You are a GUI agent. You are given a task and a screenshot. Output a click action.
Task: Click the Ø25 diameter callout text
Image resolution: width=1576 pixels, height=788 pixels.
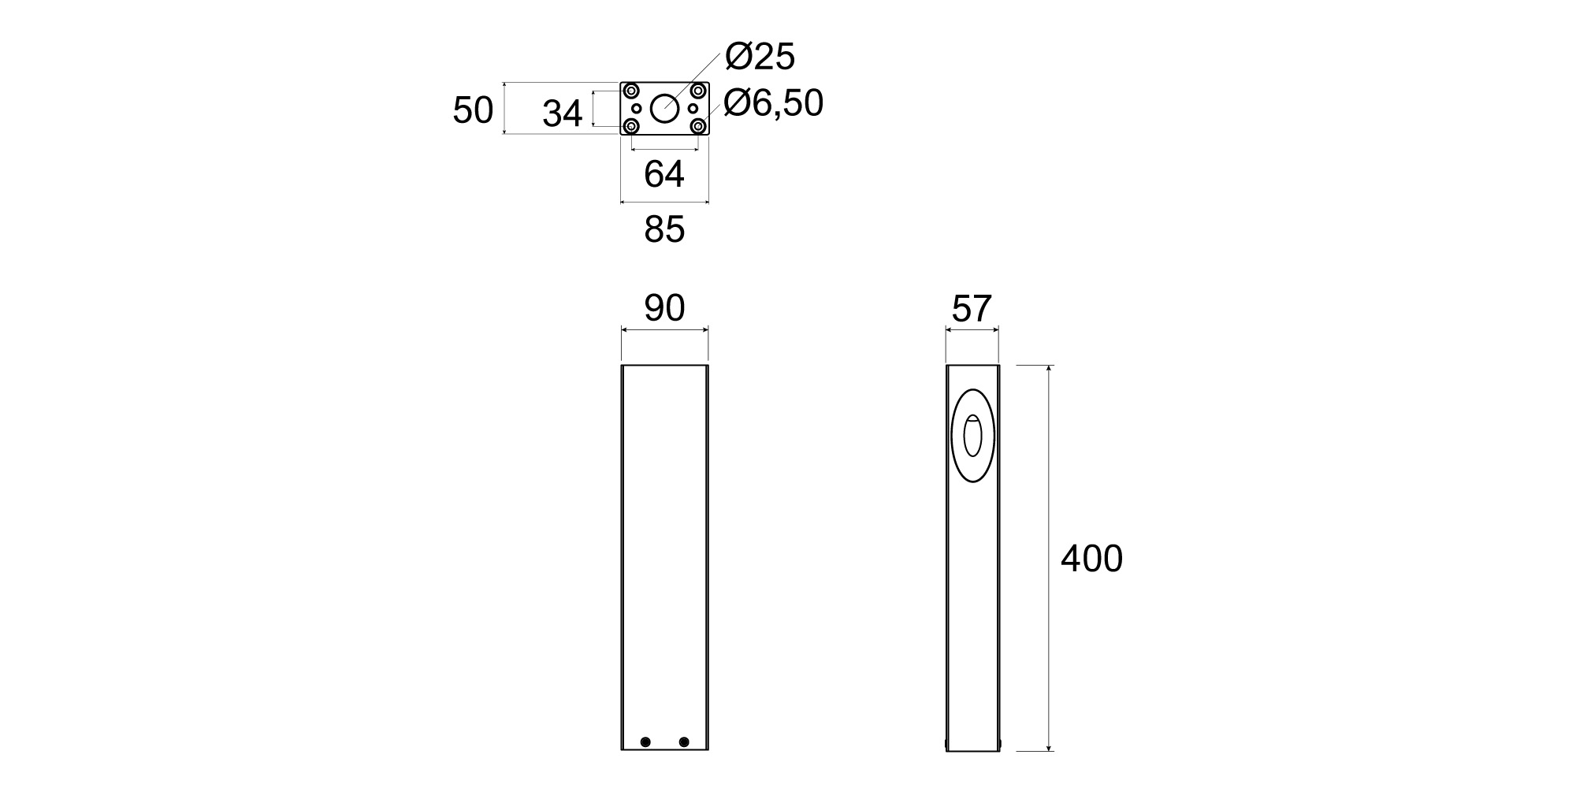[x=760, y=57]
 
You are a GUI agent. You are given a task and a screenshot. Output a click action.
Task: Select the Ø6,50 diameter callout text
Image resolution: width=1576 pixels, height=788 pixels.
[x=772, y=103]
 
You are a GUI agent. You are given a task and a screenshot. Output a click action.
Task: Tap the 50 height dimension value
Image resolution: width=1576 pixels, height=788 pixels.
[x=473, y=111]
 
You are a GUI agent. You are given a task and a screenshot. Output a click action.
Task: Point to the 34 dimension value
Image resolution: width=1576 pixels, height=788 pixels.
[x=562, y=114]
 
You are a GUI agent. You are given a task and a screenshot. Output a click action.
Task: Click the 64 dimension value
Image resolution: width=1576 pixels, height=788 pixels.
[x=664, y=174]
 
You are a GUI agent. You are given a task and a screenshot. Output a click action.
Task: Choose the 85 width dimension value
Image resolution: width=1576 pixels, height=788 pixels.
[x=664, y=229]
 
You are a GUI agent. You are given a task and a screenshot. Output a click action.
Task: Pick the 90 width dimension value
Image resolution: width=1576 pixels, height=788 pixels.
[x=664, y=308]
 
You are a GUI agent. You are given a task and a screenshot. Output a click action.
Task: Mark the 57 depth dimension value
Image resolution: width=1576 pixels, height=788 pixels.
[x=971, y=309]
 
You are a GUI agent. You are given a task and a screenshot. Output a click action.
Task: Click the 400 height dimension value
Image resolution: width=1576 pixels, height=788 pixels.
[x=1091, y=559]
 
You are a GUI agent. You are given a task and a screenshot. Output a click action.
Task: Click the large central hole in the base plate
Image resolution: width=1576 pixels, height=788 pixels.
[x=664, y=108]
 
